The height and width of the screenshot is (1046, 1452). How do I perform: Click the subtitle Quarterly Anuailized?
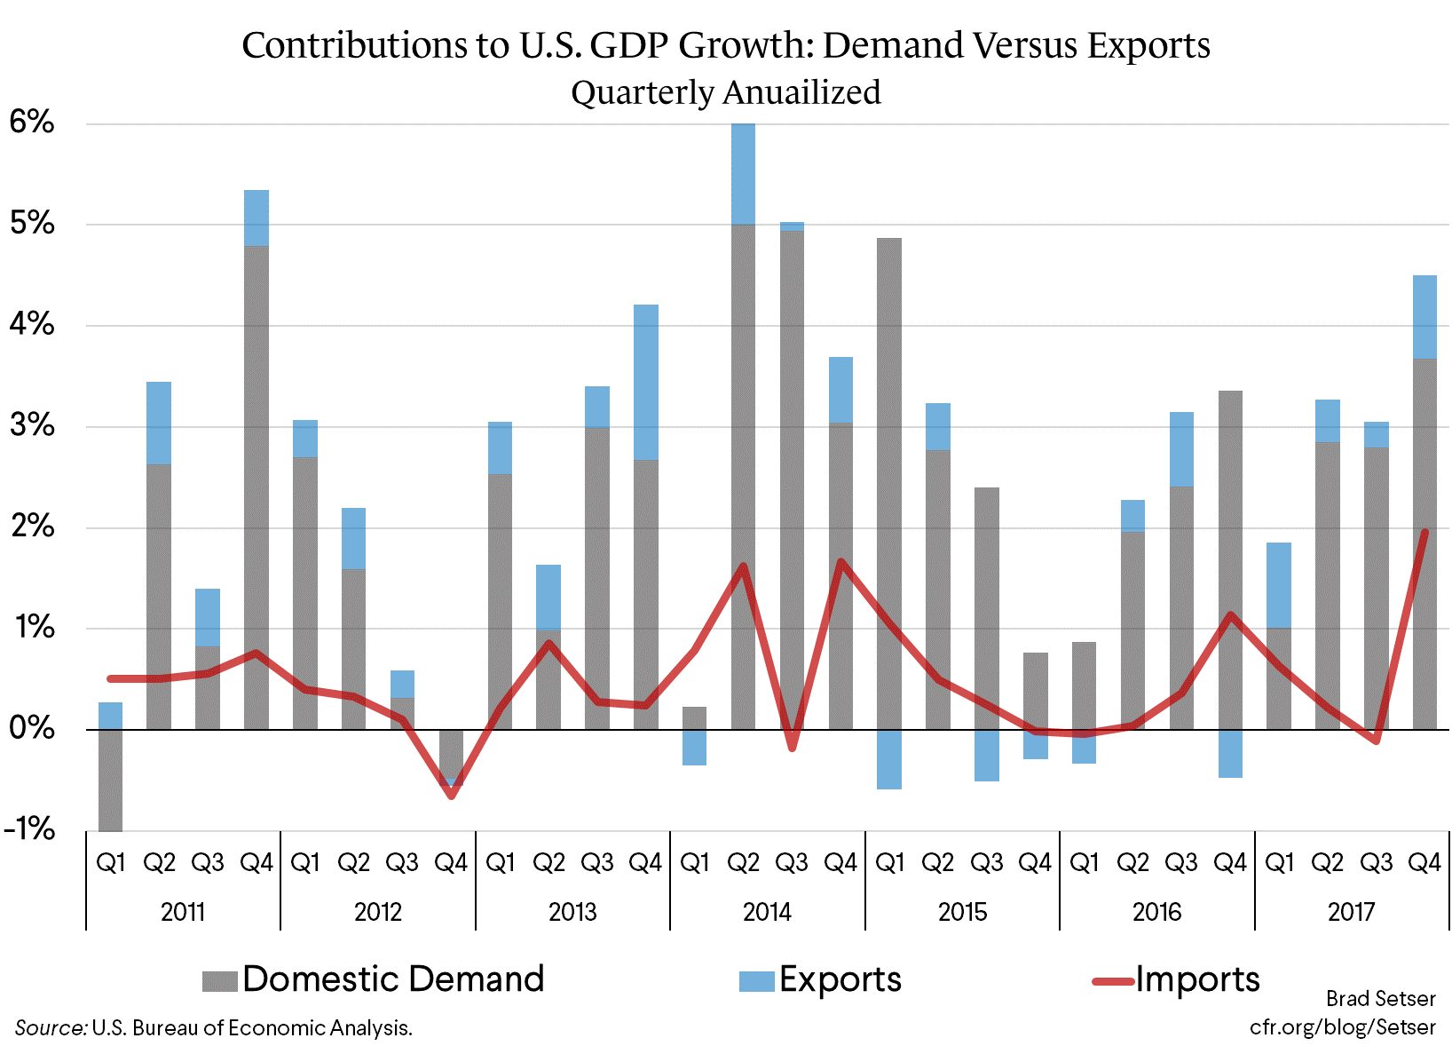point(725,92)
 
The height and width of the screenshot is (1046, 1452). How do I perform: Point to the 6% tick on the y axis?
point(33,123)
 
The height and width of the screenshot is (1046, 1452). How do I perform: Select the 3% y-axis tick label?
point(33,426)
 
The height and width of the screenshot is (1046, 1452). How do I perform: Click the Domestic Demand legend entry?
point(374,979)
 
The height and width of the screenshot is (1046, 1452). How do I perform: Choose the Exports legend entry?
point(821,979)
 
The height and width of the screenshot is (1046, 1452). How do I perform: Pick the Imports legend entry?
point(1177,979)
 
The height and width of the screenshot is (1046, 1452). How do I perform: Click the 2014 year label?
point(767,912)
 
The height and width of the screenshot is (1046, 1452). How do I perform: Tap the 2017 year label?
point(1351,912)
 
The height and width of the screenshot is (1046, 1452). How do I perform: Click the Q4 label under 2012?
point(451,862)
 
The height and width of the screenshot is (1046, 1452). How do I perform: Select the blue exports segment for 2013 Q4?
point(646,382)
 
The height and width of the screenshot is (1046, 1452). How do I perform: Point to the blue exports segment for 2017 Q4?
point(1424,317)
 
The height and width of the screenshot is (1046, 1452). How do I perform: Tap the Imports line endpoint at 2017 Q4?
point(1424,532)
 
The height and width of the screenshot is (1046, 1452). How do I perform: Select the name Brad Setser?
point(1380,999)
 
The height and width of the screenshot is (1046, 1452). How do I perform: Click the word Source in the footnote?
point(50,1028)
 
